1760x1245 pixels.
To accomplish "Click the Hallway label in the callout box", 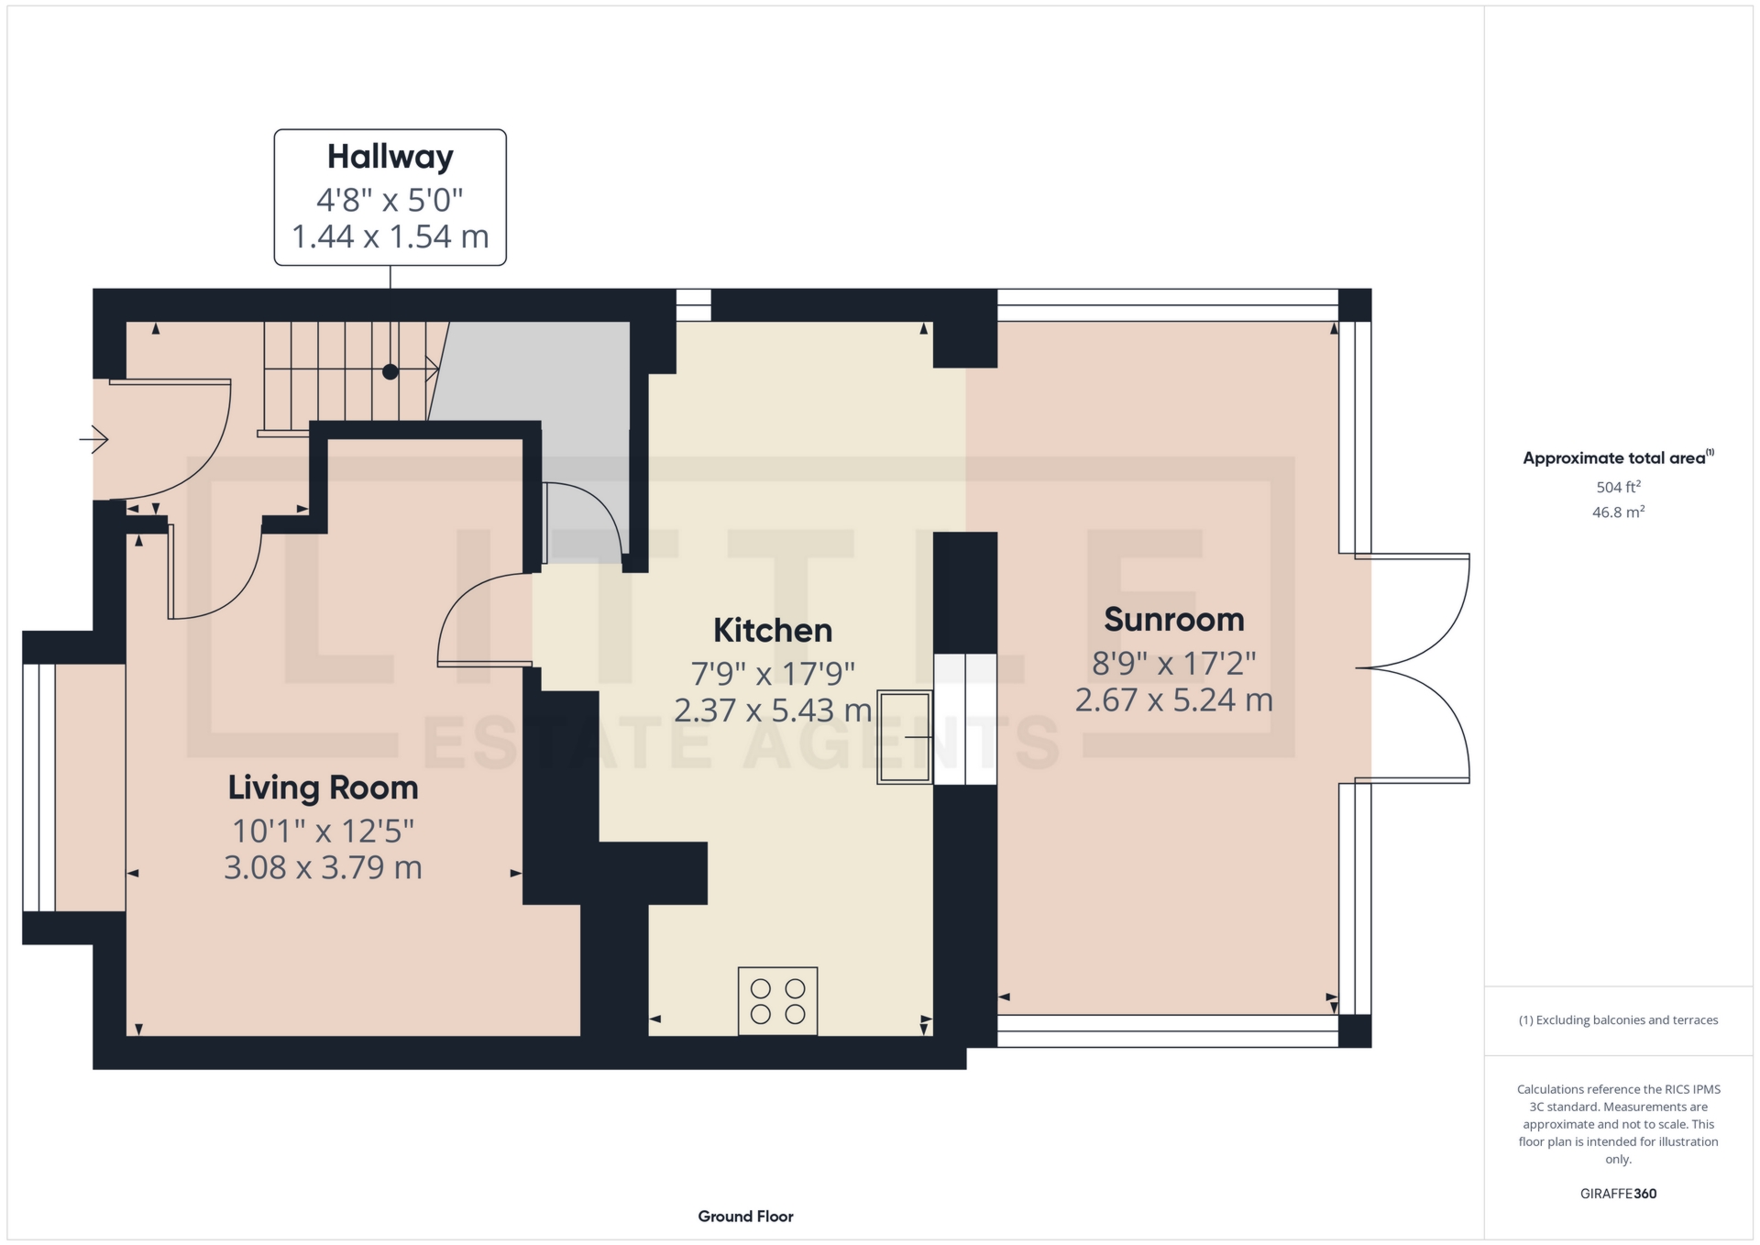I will (390, 157).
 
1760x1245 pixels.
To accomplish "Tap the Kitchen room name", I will (772, 631).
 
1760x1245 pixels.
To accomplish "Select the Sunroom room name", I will (1173, 620).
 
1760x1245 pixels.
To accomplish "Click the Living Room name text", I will (323, 788).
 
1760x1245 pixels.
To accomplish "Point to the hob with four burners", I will (777, 1001).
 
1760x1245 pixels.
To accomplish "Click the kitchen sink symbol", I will (905, 737).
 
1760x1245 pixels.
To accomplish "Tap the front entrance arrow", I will (93, 440).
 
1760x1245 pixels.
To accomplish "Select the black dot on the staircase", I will (390, 371).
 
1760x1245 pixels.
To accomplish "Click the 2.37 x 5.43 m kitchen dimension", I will (772, 711).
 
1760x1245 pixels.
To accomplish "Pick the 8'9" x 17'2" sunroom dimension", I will (1173, 662).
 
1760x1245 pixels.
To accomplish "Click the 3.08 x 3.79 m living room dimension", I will (323, 867).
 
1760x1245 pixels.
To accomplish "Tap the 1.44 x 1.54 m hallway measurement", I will (390, 237).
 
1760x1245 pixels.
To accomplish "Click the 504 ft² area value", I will (1618, 487).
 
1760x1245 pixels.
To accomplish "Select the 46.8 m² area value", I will (1618, 512).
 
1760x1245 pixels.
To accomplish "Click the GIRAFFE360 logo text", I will (1618, 1194).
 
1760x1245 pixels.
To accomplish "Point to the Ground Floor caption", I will (745, 1217).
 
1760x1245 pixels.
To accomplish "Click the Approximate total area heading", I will (1613, 458).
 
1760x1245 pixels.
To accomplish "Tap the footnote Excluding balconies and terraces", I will (1618, 1020).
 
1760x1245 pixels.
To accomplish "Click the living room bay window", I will (38, 787).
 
